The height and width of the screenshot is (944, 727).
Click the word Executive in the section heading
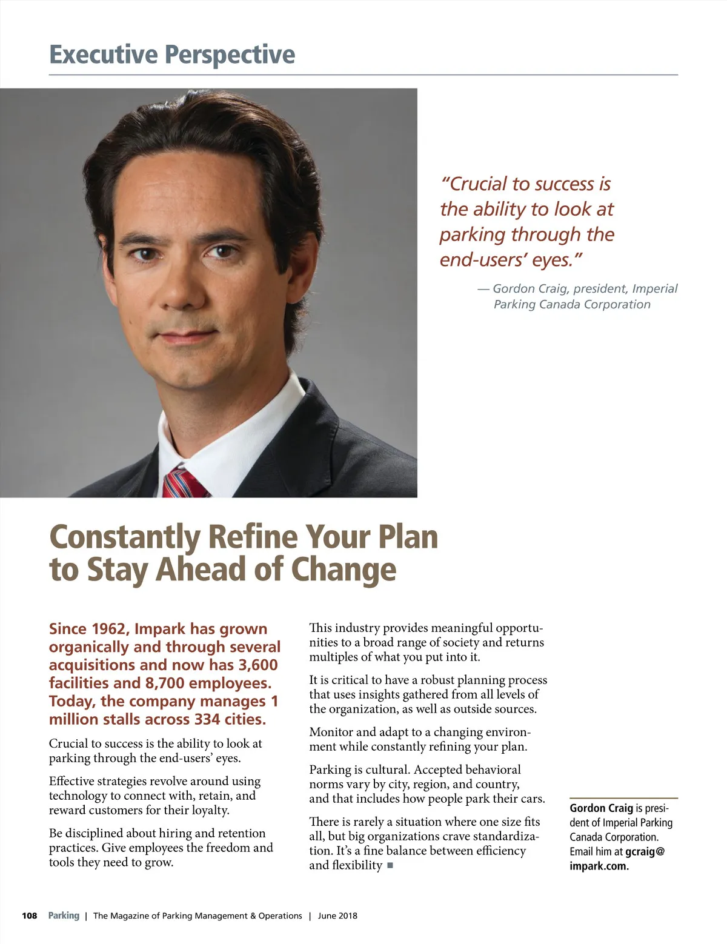[x=104, y=55]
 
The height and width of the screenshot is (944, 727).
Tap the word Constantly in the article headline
[x=124, y=537]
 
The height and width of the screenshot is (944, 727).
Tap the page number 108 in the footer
[x=30, y=916]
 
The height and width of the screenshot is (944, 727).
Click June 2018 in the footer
[x=337, y=916]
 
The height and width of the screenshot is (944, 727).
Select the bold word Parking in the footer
[x=64, y=916]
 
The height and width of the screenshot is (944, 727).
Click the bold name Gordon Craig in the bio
[x=601, y=808]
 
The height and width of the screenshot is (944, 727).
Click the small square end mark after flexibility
[x=390, y=865]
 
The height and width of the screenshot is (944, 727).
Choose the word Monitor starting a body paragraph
[x=331, y=732]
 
